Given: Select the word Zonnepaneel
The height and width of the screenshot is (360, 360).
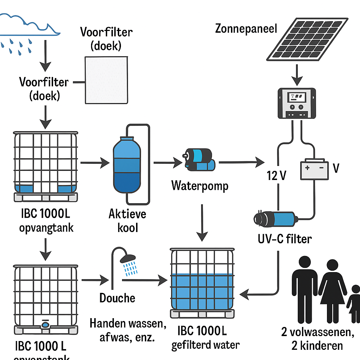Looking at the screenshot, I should (246, 28).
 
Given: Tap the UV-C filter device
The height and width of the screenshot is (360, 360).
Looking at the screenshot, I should (275, 218).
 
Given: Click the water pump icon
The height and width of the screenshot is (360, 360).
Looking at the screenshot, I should (199, 160).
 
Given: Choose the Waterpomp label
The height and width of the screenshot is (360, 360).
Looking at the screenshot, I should (200, 185).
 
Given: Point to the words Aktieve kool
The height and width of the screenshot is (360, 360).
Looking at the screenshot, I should (127, 220).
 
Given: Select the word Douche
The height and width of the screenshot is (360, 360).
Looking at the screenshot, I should (117, 298).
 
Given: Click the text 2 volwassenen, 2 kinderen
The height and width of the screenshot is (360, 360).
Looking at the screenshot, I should (317, 339).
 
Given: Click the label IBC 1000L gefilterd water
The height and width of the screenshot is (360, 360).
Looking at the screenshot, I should (205, 338).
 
